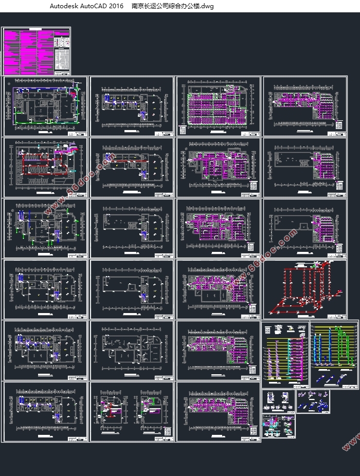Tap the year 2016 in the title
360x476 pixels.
117,7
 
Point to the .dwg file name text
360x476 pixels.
172,7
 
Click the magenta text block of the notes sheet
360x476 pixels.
28,51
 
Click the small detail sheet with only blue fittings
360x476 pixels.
313,401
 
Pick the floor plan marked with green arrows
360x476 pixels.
44,105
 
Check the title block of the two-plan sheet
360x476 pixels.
165,437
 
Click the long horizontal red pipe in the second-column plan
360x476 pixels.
129,167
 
